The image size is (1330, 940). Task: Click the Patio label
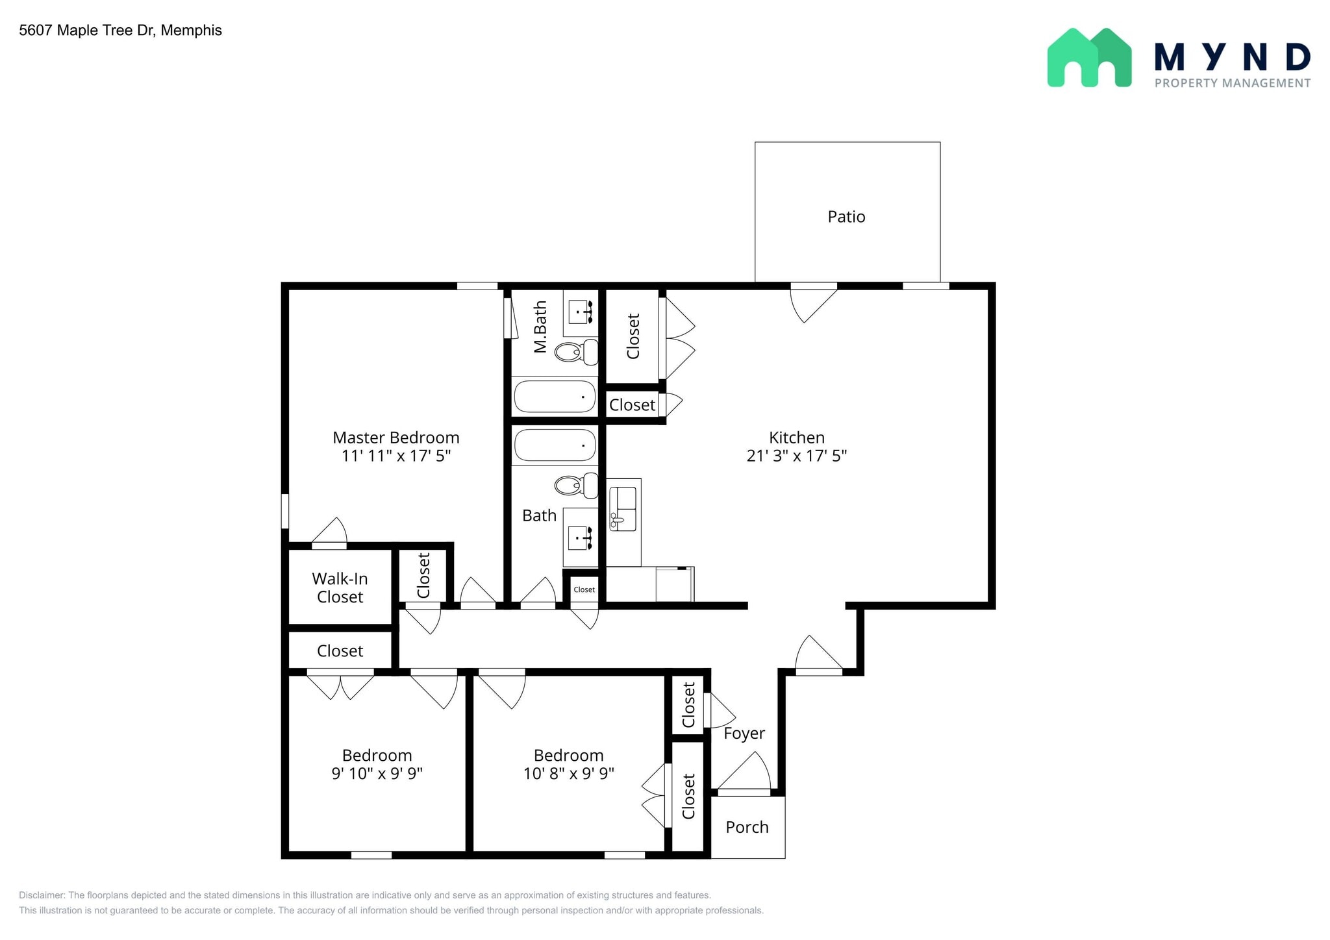click(x=846, y=217)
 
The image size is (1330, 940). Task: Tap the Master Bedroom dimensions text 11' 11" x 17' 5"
click(x=396, y=456)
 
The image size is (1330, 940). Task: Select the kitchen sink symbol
click(x=623, y=509)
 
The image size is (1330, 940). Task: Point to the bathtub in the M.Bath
click(x=555, y=397)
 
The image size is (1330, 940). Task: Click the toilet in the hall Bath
click(x=575, y=485)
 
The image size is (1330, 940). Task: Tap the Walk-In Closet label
click(x=340, y=587)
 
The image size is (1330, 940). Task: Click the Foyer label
click(x=744, y=734)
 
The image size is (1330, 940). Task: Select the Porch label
click(x=747, y=828)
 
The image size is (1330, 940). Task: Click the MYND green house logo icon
click(x=1089, y=58)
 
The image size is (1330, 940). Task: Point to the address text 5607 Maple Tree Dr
click(x=120, y=31)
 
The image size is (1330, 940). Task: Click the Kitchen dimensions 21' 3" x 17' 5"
click(x=797, y=456)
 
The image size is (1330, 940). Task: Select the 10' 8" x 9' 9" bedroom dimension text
click(x=568, y=774)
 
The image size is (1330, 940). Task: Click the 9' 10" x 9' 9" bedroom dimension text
click(x=377, y=774)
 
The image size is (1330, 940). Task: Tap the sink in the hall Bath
click(x=580, y=538)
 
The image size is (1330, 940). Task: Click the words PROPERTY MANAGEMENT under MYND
click(x=1232, y=83)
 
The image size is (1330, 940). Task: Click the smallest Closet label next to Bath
click(x=584, y=590)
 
